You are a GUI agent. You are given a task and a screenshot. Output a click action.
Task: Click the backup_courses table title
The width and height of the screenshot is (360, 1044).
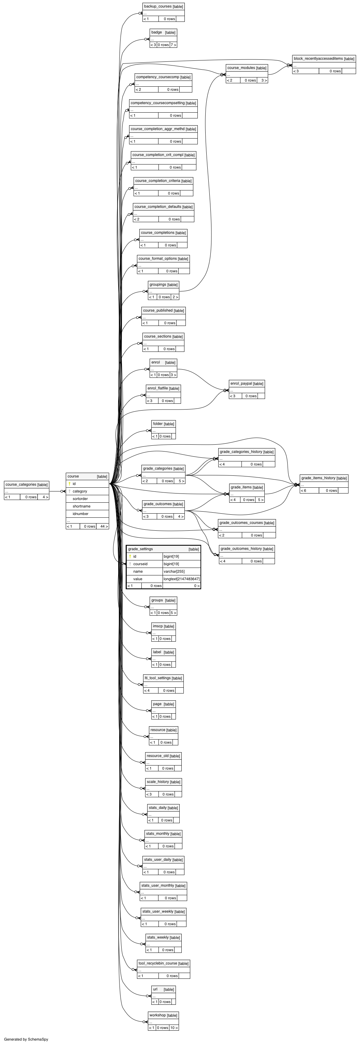click(x=158, y=6)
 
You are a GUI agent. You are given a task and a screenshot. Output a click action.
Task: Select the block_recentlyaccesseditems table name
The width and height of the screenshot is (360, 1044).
click(x=318, y=59)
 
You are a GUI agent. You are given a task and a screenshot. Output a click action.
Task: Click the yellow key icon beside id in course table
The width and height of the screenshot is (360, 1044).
click(x=69, y=484)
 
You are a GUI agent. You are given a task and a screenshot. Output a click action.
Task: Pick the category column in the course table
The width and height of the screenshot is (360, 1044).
click(x=80, y=491)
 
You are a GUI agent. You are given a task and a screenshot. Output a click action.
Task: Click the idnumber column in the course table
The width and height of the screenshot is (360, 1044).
click(x=81, y=514)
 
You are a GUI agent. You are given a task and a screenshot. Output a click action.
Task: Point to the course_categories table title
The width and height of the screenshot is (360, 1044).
click(x=21, y=484)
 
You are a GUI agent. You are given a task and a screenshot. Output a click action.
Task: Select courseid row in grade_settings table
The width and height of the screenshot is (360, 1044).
click(x=140, y=564)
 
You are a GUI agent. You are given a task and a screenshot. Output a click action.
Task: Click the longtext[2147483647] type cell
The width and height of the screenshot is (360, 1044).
click(x=182, y=579)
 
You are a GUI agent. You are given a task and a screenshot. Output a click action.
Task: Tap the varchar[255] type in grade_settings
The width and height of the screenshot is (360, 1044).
click(x=174, y=571)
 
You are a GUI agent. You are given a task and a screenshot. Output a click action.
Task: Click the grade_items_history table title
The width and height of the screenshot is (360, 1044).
click(x=318, y=478)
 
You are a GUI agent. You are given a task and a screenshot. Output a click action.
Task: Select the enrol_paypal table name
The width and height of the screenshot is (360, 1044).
click(x=241, y=383)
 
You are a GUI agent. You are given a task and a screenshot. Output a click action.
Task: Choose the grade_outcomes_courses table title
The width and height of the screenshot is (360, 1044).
click(x=241, y=523)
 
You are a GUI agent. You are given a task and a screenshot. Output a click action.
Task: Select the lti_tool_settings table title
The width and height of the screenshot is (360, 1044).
click(x=157, y=678)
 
